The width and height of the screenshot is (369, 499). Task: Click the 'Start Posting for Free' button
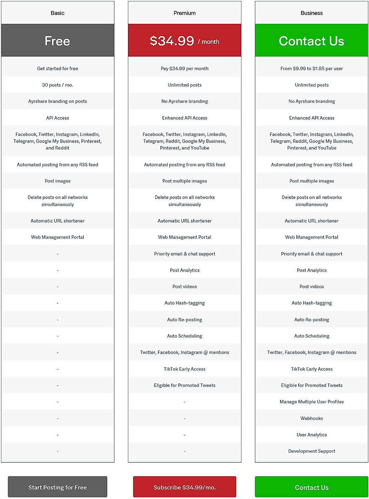[x=57, y=487]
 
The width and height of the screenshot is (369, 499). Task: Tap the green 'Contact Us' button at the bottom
[x=311, y=487]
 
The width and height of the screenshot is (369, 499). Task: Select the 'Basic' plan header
[x=58, y=13]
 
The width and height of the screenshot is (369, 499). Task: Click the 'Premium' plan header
[x=185, y=13]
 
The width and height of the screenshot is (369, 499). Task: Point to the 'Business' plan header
[x=311, y=13]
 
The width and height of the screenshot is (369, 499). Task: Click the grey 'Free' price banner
[x=58, y=41]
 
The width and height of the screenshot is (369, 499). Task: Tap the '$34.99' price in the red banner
[x=172, y=41]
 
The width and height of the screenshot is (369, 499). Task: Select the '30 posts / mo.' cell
[x=58, y=85]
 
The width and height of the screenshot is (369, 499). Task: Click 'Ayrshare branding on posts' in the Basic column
[x=58, y=101]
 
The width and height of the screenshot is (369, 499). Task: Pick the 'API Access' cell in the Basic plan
[x=58, y=118]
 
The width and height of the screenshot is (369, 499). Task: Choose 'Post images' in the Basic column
[x=58, y=181]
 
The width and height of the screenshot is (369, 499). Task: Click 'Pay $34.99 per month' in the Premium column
[x=185, y=68]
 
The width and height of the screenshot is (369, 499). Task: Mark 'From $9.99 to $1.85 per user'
[x=311, y=68]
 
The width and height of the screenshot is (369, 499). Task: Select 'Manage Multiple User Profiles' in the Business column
[x=311, y=402]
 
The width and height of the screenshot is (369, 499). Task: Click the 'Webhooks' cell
[x=311, y=418]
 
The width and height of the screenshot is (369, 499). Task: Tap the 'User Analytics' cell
[x=311, y=435]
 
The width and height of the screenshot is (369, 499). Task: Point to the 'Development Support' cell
[x=311, y=451]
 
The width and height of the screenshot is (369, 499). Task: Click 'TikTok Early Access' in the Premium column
[x=185, y=369]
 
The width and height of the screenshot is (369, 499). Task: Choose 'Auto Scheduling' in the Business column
[x=311, y=336]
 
